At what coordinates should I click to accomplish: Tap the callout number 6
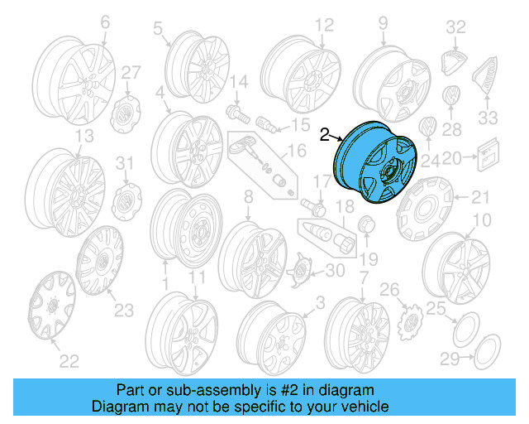coord(105,25)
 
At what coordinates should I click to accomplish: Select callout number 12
coord(323,24)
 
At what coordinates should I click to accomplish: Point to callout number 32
coord(456,26)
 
